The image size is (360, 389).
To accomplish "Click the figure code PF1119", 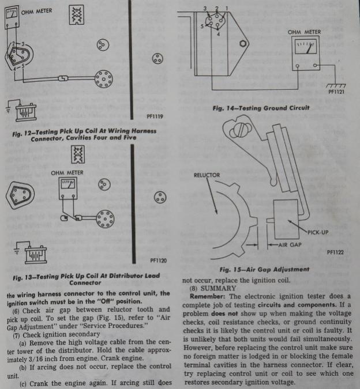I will (x=155, y=116).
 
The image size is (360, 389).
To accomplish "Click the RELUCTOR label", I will (x=205, y=174).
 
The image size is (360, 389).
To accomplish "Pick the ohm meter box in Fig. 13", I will (x=67, y=189).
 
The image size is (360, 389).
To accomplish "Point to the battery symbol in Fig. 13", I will (x=35, y=253).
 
